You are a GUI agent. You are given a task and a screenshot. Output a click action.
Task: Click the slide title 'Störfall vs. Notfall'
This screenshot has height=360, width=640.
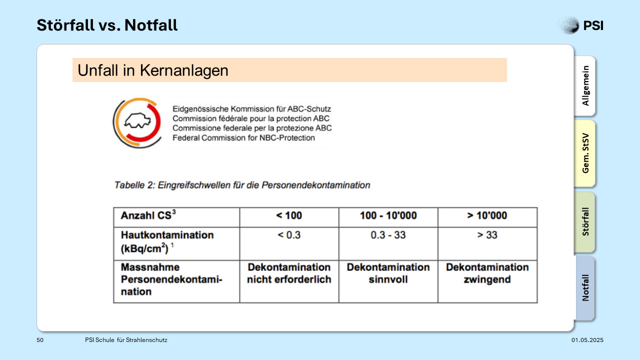[x=107, y=25]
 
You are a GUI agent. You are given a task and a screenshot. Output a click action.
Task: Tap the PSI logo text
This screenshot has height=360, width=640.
[x=593, y=25]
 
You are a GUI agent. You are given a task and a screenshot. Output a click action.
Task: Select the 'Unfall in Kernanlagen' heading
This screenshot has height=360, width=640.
[x=153, y=70]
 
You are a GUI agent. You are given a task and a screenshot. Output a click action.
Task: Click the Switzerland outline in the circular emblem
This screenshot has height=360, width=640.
[x=137, y=121]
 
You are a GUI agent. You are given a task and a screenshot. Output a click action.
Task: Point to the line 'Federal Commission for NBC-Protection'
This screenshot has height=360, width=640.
[x=243, y=137]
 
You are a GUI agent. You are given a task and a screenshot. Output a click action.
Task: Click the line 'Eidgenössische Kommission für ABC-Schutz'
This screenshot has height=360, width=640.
[x=251, y=109]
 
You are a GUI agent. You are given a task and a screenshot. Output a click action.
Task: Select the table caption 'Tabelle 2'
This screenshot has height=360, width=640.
[x=134, y=185]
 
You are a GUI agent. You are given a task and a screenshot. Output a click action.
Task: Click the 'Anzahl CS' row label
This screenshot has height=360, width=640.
[x=148, y=215]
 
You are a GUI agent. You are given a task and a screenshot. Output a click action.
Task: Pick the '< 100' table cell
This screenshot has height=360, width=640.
[x=289, y=215]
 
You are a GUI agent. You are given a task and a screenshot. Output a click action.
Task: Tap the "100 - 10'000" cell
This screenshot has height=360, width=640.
[x=388, y=215]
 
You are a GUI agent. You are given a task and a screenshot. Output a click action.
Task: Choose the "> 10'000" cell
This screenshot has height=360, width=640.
[x=487, y=215]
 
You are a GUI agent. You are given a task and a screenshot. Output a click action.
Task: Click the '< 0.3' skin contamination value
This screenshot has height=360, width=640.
[x=289, y=235]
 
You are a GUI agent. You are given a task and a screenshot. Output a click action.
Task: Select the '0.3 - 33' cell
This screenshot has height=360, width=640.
[x=388, y=235]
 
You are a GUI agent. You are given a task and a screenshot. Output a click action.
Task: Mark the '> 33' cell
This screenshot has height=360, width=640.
[x=487, y=235]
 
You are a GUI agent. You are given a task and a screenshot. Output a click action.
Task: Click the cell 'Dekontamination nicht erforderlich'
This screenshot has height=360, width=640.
[x=289, y=273]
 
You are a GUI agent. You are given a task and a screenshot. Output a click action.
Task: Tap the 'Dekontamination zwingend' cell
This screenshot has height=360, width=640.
[x=487, y=273]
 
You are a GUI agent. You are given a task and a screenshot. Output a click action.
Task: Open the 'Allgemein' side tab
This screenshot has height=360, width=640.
[x=585, y=85]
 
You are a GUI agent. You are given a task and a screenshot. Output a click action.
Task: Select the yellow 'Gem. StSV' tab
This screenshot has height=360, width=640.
[x=585, y=153]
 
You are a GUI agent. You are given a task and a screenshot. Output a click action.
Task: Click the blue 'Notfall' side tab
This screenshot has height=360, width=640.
[x=585, y=288]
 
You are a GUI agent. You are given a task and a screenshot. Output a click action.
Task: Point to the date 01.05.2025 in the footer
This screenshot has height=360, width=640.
[x=587, y=340]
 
